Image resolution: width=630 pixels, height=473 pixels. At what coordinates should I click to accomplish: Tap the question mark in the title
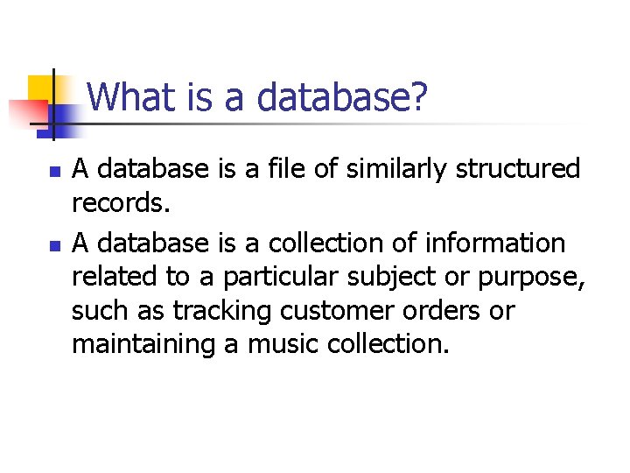tap(419, 97)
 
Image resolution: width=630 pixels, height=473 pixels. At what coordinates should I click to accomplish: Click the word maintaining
tap(143, 344)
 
